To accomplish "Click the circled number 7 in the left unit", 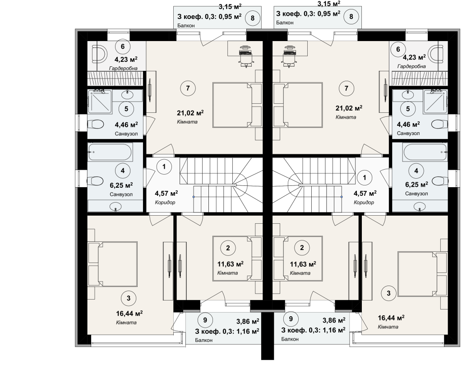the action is coord(188,88).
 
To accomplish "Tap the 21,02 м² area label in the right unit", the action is coord(349,108).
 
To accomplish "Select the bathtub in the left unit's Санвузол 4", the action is coord(110,152).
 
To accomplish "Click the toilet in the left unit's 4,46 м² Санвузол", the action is coord(96,124).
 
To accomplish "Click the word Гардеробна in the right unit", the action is coord(411,66).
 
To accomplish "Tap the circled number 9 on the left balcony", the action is coord(205,320).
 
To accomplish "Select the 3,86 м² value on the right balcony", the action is coord(334,320).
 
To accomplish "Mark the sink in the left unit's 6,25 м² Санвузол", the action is coord(115,207).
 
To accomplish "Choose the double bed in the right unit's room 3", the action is coord(422,274).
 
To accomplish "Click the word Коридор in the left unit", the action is coord(165,203).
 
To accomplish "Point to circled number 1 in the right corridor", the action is coord(365,177).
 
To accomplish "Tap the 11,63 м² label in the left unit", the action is coord(231,264).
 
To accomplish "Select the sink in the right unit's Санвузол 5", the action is coord(408,95).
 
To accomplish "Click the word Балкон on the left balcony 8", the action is coord(186,26).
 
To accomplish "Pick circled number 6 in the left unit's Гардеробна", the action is coord(123,46).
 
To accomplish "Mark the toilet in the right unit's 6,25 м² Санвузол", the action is coord(439,180).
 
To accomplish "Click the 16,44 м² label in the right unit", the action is coord(391,318).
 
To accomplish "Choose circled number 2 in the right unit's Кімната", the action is coord(302,248).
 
